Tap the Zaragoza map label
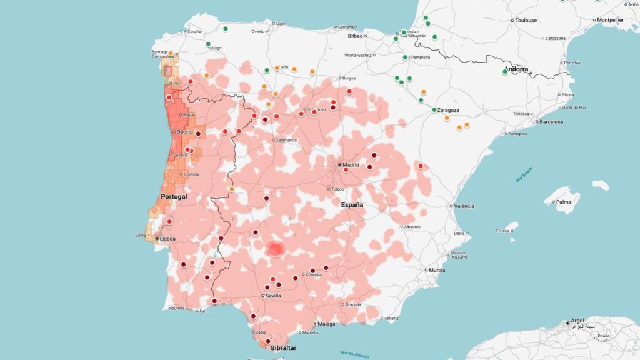coord(449,110)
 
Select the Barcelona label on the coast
coord(551,121)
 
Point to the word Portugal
coord(174,196)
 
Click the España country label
coord(352,205)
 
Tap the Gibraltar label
coord(284,348)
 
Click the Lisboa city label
coord(168,239)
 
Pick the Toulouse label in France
coord(526,20)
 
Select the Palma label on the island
coord(564,202)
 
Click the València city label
coord(464,206)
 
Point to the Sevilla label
coord(273,295)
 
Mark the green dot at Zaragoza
coord(434,110)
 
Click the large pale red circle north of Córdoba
coord(276,249)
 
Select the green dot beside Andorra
coord(505,72)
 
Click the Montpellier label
coord(611,20)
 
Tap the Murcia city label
coord(437,270)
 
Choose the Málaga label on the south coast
coord(326,324)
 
